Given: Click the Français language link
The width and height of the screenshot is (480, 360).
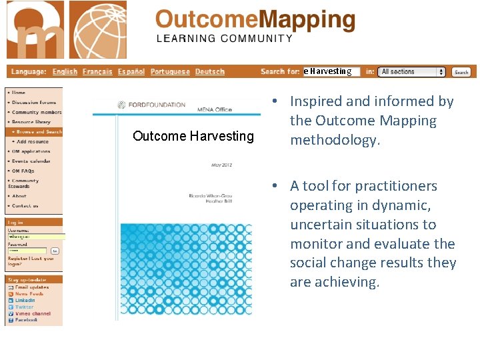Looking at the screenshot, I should click(97, 72).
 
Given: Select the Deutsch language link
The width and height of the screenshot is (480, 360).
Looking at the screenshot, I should click(210, 72).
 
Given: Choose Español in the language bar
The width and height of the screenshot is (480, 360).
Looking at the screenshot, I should click(131, 72).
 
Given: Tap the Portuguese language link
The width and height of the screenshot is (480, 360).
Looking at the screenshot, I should click(170, 72).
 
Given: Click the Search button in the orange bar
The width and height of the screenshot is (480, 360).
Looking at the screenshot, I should click(461, 72).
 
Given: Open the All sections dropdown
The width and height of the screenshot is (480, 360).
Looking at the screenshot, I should click(412, 72).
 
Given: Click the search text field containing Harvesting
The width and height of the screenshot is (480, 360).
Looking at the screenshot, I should click(331, 71).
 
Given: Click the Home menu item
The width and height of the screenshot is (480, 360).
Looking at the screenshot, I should click(19, 93).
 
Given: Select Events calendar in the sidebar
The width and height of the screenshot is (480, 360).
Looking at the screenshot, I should click(31, 161).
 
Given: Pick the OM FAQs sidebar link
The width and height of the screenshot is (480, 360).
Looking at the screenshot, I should click(23, 171).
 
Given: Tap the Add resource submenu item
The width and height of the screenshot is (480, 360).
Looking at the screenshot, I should click(33, 141).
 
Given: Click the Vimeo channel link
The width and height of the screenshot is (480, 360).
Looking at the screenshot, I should click(33, 313).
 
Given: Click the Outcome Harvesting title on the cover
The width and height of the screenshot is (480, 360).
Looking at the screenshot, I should click(193, 136).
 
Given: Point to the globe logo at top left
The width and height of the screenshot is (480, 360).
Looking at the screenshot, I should click(98, 30).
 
